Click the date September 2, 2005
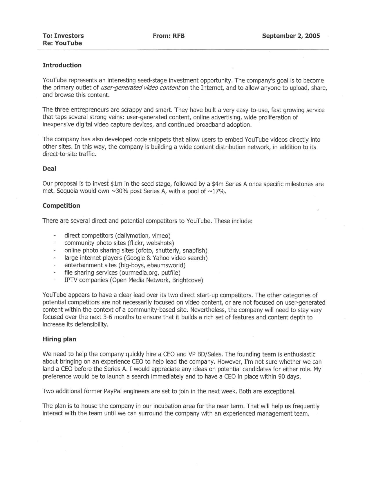[x=291, y=36]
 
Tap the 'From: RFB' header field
[x=169, y=36]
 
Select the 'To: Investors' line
[x=63, y=36]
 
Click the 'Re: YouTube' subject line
[x=62, y=43]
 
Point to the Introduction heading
[x=62, y=65]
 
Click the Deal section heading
[x=49, y=169]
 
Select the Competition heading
[x=61, y=206]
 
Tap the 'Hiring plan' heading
[x=59, y=339]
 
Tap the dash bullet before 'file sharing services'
[x=54, y=273]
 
